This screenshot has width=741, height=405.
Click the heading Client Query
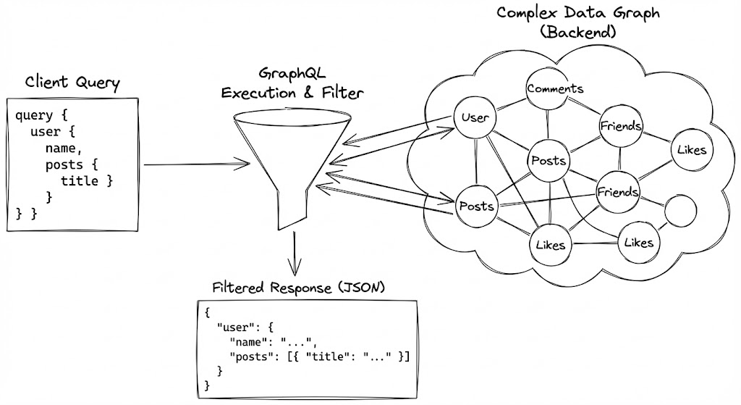coord(72,83)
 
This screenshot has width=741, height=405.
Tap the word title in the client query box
coord(80,180)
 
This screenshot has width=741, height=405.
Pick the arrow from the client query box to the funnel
coord(195,165)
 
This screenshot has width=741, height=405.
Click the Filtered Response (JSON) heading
coord(298,288)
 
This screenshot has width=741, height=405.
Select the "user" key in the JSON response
coord(236,326)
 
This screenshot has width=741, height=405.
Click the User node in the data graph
coord(475,117)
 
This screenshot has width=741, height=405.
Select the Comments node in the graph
coord(555,88)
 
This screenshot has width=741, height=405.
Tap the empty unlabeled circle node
coord(680,209)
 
